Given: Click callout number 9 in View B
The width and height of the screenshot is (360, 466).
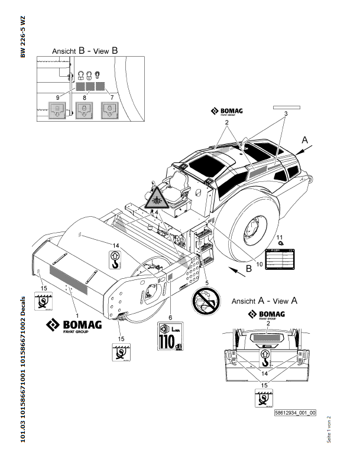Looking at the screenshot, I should click(58, 96).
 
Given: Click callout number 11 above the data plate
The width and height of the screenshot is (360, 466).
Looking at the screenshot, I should click(281, 237).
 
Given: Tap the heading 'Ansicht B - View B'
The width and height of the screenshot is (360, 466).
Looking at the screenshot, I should click(85, 51).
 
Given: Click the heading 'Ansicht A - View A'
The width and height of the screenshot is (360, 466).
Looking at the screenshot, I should click(264, 300).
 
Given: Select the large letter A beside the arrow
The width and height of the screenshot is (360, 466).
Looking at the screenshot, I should click(305, 141).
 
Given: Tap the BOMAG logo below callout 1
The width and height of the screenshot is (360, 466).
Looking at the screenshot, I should click(74, 325).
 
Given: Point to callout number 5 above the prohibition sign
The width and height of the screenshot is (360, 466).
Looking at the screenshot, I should click(206, 282).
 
